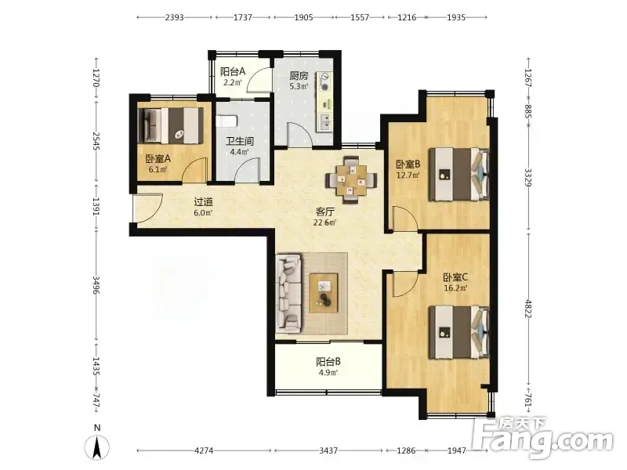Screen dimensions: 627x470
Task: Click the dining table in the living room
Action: [x=351, y=181]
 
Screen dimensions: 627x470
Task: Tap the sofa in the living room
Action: [x=288, y=295]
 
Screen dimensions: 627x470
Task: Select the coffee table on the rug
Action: [x=324, y=292]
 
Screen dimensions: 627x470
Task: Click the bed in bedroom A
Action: [x=169, y=125]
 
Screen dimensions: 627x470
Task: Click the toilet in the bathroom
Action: [x=227, y=121]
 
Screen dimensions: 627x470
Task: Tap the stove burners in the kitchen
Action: [x=324, y=81]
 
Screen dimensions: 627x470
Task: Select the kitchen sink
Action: [x=324, y=122]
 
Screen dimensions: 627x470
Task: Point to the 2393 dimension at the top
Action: [x=174, y=17]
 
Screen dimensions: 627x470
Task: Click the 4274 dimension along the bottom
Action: [x=204, y=450]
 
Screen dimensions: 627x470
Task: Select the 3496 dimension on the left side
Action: [x=96, y=284]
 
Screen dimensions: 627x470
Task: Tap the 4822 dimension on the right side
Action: [x=528, y=309]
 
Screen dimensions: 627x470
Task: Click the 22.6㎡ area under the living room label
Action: [x=324, y=222]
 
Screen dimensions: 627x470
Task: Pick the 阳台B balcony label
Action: [x=328, y=362]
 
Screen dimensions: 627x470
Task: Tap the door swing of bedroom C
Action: [x=404, y=283]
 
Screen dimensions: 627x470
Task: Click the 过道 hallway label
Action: [x=203, y=202]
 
